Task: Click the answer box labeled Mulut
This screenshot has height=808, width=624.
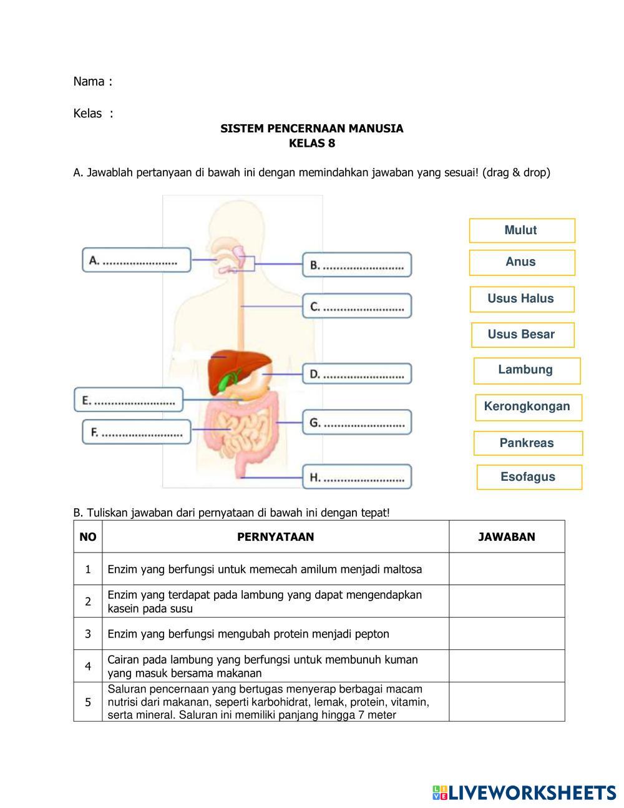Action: pos(522,230)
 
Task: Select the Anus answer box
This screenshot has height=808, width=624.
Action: pos(522,262)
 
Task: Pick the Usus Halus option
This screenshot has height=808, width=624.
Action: pos(522,299)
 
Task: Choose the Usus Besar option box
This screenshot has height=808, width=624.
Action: pos(522,335)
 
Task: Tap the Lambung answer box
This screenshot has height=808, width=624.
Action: pos(527,370)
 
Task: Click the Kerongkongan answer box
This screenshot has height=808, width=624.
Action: pos(528,407)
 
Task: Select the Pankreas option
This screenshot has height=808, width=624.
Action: pos(527,443)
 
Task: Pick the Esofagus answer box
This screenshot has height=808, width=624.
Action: pos(529,477)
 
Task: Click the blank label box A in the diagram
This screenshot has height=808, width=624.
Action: pos(137,260)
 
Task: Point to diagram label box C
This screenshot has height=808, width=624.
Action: pos(357,307)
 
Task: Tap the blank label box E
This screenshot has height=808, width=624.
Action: pos(129,400)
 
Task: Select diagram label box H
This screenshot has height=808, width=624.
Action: pos(357,478)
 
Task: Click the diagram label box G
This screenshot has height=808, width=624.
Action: pos(357,423)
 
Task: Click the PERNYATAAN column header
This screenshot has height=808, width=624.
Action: pos(275,537)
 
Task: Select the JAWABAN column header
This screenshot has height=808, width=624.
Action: pos(507,537)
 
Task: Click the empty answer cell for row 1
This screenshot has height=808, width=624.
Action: pos(507,569)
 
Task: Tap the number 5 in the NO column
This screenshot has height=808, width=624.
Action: pos(88,702)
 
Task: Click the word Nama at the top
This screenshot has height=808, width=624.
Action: pos(89,82)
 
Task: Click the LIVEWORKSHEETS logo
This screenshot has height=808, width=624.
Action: pos(524,793)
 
